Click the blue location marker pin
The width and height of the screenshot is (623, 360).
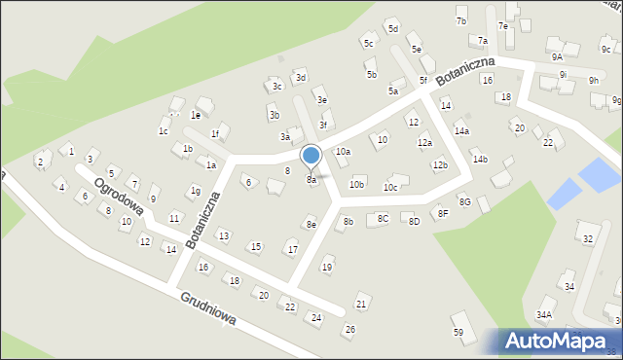pos(311,157)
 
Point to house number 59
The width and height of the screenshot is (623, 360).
pos(458,333)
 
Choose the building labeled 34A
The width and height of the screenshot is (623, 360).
pos(543,314)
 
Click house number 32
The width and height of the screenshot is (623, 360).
pos(586,238)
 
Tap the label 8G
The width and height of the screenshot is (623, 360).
pos(465,201)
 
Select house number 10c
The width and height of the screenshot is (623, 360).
pos(390,187)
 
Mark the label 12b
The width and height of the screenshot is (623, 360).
pos(440,165)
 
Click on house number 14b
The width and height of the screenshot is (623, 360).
pos(480,159)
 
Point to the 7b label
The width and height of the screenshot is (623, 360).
pos(461,20)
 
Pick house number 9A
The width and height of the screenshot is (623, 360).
pos(557,57)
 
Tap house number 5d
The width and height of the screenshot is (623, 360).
pos(393,29)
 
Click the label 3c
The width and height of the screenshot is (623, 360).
pos(277,86)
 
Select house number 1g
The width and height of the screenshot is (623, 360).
pos(196,191)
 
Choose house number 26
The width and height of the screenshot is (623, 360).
pos(350,329)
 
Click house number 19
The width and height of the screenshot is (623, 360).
pos(327,267)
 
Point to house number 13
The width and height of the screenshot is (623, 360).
pos(223,235)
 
